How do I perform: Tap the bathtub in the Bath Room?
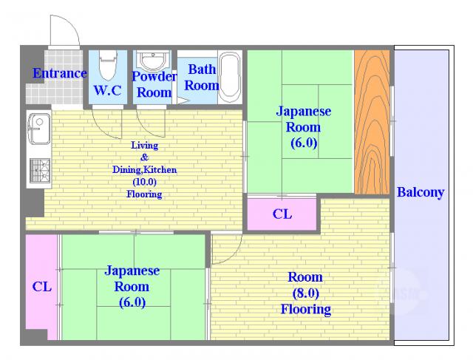click(230, 78)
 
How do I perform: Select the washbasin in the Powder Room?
click(153, 61)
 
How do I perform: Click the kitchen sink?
click(39, 129)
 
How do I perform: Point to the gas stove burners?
click(40, 171)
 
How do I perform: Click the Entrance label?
click(60, 73)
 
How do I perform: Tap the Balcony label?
click(421, 192)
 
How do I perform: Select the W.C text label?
click(108, 90)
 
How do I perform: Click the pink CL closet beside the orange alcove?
click(282, 214)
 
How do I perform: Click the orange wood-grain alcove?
click(372, 122)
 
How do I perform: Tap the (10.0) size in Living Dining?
click(144, 182)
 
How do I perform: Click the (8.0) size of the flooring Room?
click(305, 293)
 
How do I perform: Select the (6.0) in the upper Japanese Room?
click(304, 143)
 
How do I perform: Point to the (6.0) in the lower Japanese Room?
click(132, 302)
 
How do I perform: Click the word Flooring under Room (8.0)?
click(305, 309)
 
